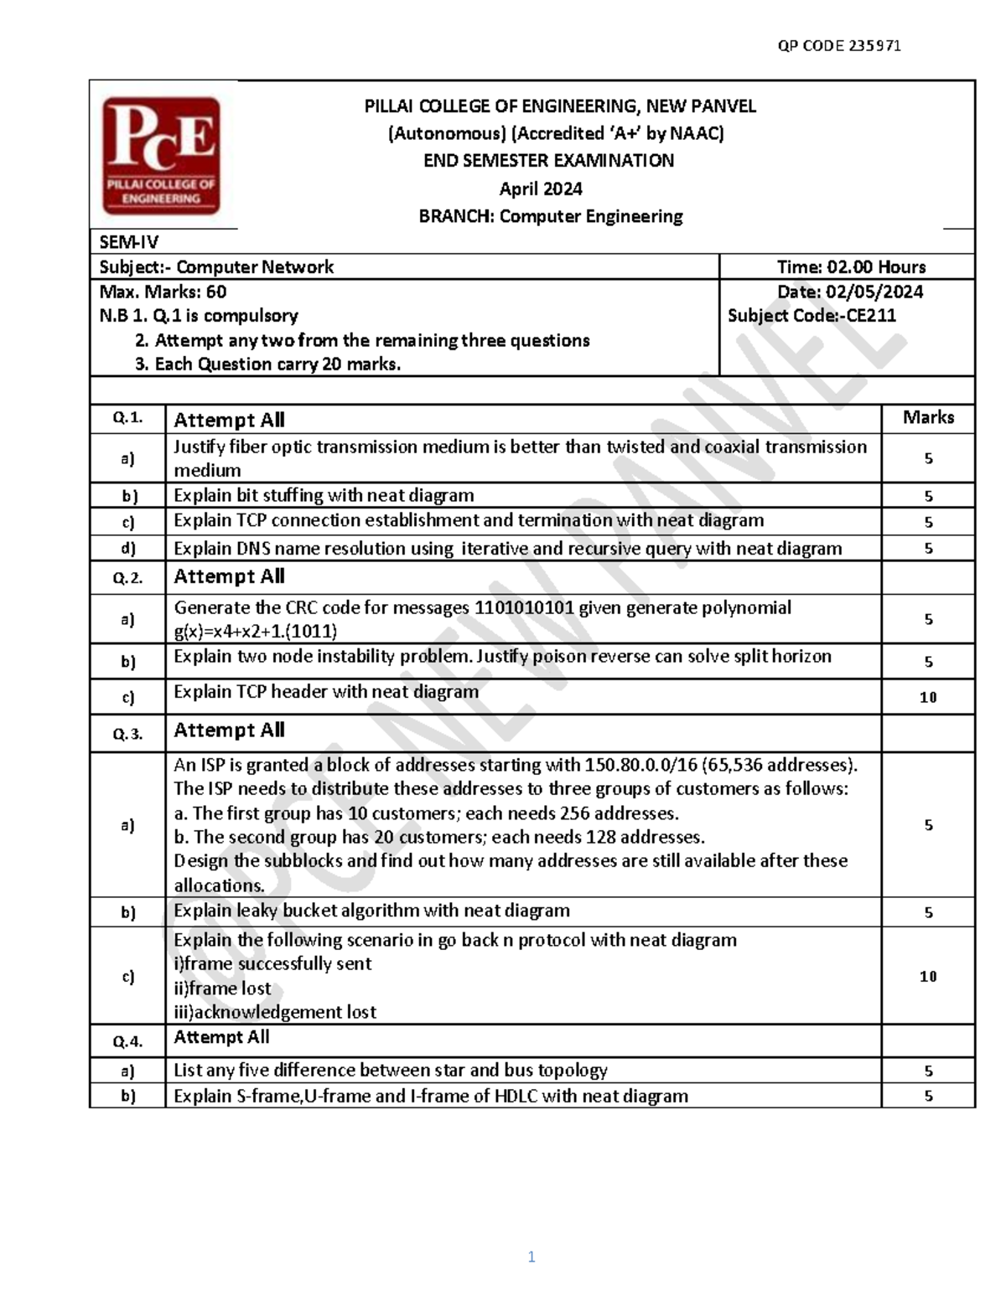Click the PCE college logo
[161, 155]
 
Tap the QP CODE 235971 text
[839, 46]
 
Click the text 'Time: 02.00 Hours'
[851, 267]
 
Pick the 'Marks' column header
[928, 417]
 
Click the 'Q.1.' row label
[127, 418]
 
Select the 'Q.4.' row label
[127, 1041]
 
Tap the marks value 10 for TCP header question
[928, 697]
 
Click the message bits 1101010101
[524, 607]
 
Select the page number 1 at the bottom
[532, 1257]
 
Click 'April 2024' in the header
[541, 188]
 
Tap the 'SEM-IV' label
[128, 242]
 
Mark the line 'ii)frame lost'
[222, 989]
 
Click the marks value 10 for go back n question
[928, 977]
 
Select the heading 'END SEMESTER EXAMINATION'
[548, 161]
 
